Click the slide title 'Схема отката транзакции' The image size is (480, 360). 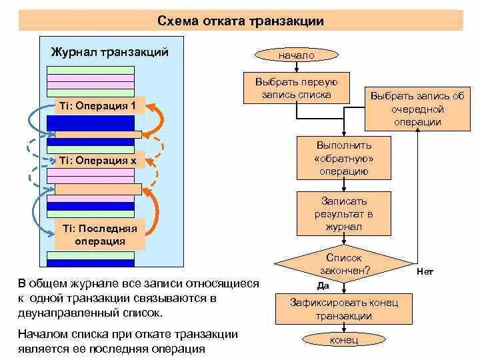tap(241, 21)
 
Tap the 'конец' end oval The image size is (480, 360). tap(344, 340)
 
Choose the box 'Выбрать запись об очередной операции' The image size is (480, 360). tap(417, 109)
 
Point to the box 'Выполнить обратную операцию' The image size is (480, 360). tap(343, 159)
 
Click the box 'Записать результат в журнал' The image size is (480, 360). tap(343, 213)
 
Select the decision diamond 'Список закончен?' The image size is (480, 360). tap(343, 265)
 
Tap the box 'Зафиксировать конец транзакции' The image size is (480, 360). tap(344, 309)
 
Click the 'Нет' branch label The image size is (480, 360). tap(425, 272)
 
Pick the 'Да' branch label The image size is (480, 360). tap(323, 285)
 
